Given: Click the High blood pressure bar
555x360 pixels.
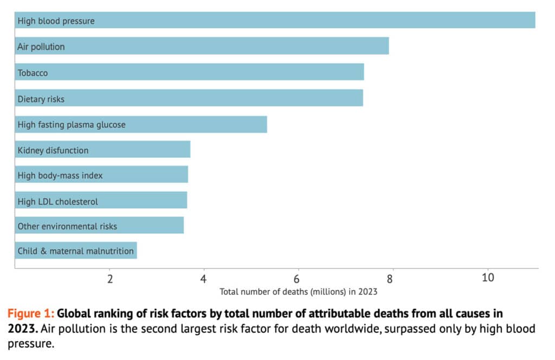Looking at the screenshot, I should [x=275, y=20].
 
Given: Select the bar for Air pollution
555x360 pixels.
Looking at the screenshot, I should [x=202, y=46].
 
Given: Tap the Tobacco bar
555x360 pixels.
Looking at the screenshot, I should [x=189, y=72].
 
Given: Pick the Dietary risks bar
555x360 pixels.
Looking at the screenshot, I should [x=189, y=98].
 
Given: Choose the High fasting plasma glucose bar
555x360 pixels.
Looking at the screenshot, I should [x=141, y=124].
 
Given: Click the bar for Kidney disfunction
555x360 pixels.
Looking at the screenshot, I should [x=102, y=150].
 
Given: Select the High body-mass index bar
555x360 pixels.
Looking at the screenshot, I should [x=101, y=176].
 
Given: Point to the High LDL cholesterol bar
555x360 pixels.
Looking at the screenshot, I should [x=101, y=201].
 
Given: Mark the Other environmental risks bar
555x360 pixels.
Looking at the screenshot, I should [x=99, y=226].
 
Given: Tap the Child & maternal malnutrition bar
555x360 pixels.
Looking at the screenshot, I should [x=76, y=250].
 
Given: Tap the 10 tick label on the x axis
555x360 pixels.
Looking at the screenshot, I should [x=488, y=278].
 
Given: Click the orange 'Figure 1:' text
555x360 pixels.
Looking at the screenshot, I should [x=30, y=313].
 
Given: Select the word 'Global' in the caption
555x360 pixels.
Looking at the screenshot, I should [x=74, y=313].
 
